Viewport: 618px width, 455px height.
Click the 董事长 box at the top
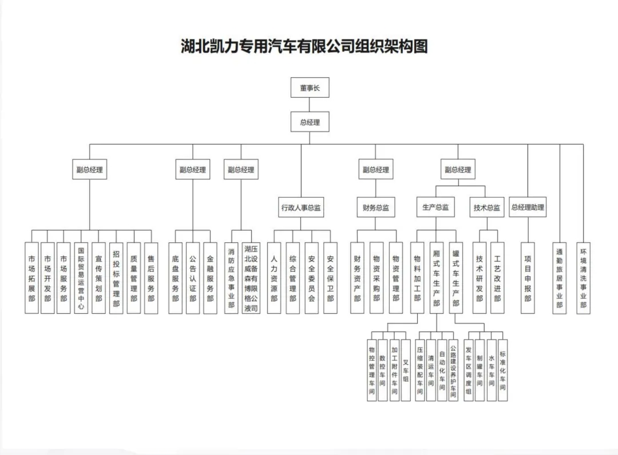pos(310,88)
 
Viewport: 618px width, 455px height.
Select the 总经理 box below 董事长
pos(310,122)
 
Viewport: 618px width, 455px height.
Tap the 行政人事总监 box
pos(301,208)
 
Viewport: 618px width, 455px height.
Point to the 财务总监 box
pos(376,208)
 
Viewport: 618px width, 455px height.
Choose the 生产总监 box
pos(435,208)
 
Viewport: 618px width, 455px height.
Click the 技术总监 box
pos(487,208)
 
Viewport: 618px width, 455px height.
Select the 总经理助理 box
pos(528,208)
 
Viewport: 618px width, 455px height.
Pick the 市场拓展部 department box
pos(32,278)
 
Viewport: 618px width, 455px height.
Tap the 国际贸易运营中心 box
pos(81,278)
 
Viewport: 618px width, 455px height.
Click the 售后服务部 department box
pos(151,278)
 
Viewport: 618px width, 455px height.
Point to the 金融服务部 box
pos(210,278)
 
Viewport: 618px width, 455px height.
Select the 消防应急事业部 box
pos(231,278)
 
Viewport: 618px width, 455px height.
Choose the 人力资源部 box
pos(275,278)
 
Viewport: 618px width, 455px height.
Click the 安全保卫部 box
pos(330,278)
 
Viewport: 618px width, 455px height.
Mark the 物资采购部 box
pos(376,278)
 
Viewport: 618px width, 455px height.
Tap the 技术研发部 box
pos(480,278)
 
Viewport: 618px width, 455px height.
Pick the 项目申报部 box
pos(528,278)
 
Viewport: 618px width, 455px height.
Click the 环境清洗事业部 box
pos(583,278)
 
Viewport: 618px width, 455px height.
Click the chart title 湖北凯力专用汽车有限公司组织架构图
pos(304,46)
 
